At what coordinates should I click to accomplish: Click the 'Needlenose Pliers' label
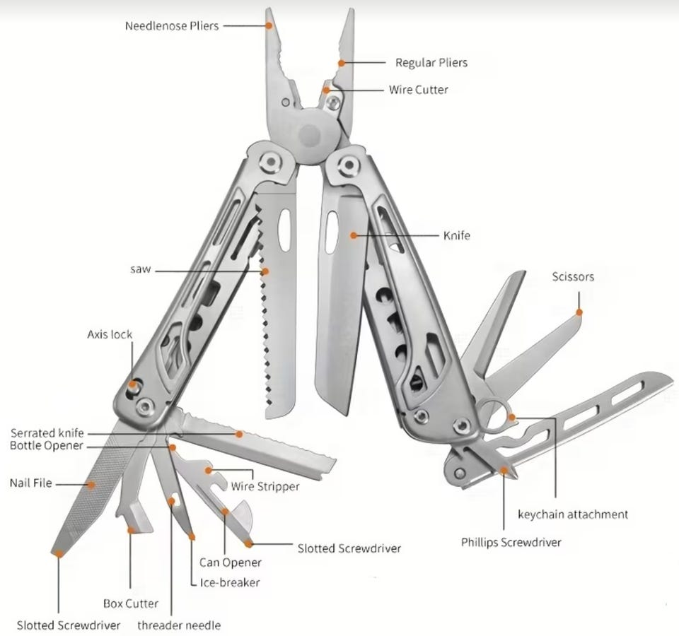[x=172, y=26]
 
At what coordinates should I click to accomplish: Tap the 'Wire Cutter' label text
[x=418, y=90]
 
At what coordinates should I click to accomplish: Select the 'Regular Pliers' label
[x=431, y=63]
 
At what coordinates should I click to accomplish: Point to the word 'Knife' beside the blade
[x=456, y=235]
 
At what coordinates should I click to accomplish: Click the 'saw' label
[x=140, y=269]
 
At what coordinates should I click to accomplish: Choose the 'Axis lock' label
[x=110, y=334]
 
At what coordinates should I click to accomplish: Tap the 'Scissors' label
[x=573, y=276]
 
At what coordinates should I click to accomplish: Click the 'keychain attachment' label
[x=572, y=514]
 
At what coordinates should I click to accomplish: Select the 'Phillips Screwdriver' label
[x=511, y=543]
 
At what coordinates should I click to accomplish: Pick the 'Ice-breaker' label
[x=230, y=582]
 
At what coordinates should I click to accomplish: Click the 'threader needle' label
[x=179, y=625]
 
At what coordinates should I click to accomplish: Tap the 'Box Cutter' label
[x=131, y=603]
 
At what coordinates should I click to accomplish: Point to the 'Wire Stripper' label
[x=265, y=487]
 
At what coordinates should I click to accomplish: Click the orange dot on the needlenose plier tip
[x=269, y=25]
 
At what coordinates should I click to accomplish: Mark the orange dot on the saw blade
[x=265, y=271]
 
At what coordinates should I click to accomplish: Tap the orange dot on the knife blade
[x=354, y=235]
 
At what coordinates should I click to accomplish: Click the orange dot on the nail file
[x=91, y=485]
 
